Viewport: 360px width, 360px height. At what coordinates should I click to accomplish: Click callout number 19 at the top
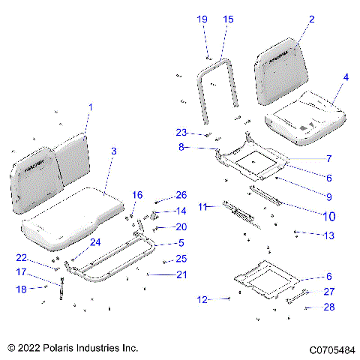[202, 19]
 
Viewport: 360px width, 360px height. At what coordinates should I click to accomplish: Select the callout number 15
[229, 19]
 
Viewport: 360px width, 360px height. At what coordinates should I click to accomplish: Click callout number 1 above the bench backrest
[91, 108]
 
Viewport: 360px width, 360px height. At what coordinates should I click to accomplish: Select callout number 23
[181, 132]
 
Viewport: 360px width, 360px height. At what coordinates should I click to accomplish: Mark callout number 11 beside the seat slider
[202, 206]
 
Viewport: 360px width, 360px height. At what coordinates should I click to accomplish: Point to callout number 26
[181, 196]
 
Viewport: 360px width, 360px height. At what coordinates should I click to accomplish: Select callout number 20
[181, 226]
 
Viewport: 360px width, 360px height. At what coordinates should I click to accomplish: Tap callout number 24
[95, 242]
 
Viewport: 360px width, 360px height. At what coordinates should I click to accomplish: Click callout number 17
[22, 271]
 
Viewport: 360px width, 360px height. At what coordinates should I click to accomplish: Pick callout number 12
[202, 300]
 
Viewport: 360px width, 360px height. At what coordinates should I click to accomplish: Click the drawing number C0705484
[328, 349]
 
